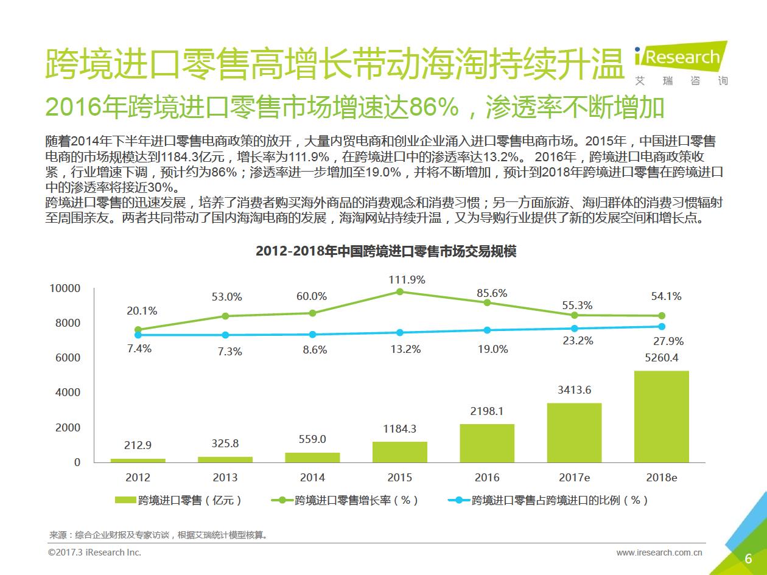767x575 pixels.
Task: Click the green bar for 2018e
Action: (661, 416)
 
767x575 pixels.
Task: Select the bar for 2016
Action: (486, 443)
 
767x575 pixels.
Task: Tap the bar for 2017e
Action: (574, 432)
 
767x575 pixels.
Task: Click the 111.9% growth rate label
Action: (407, 280)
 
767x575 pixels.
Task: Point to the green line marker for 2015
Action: (400, 291)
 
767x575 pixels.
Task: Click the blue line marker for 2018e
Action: (662, 326)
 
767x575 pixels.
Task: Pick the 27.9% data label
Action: (668, 341)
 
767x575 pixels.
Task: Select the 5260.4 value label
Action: (661, 358)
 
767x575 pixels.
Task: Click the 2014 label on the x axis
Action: (312, 478)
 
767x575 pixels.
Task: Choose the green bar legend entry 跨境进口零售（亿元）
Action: (179, 500)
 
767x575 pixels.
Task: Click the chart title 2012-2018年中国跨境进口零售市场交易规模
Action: (386, 251)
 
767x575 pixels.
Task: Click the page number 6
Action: (748, 559)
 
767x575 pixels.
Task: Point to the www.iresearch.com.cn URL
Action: (659, 552)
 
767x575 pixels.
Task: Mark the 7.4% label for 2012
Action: (139, 349)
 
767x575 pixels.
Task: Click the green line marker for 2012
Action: (138, 330)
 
